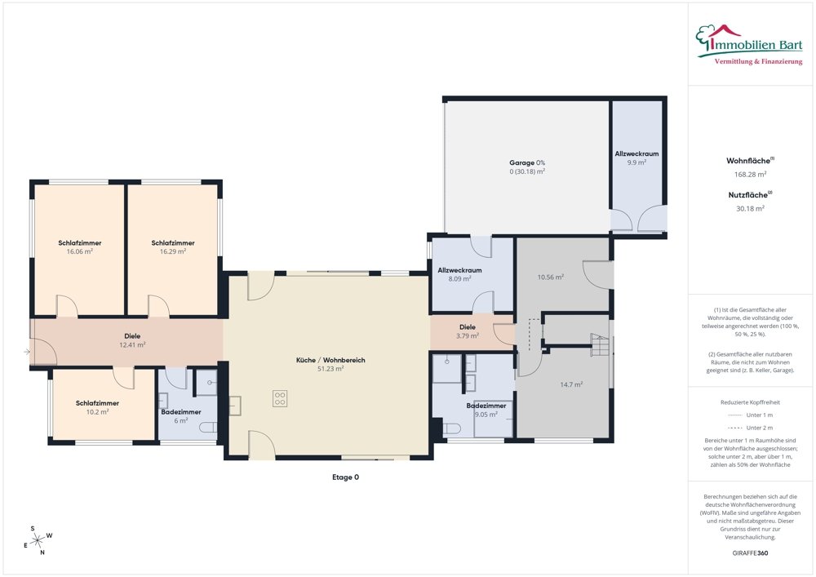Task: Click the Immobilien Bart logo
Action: point(749,45)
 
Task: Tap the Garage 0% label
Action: point(527,163)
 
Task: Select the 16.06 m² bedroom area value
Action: point(80,251)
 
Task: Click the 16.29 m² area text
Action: point(173,251)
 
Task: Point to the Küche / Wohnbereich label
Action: point(330,360)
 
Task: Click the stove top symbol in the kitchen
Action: point(279,398)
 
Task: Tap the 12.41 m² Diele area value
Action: point(132,344)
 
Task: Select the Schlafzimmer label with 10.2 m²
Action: point(97,403)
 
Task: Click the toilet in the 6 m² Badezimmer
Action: point(208,428)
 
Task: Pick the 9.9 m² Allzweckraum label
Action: point(636,154)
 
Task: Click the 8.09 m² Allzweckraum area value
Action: point(459,279)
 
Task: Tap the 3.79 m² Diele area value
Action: point(468,336)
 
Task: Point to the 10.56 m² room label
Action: point(551,277)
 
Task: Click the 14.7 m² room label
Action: point(571,385)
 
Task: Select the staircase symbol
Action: point(600,344)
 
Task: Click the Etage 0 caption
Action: point(345,477)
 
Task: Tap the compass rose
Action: point(38,541)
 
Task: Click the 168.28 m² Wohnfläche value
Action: point(750,175)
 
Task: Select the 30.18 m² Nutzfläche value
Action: point(750,209)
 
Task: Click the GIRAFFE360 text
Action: point(750,553)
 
